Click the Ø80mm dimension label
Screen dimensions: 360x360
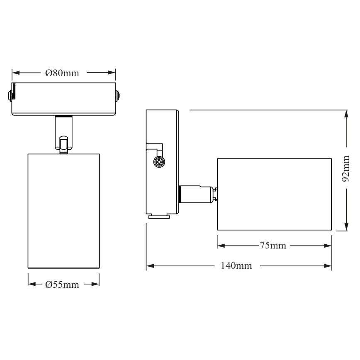click(x=62, y=73)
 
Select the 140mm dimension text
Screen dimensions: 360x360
click(x=236, y=266)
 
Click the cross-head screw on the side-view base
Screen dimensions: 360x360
click(x=158, y=162)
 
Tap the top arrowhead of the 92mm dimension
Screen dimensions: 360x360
click(x=346, y=113)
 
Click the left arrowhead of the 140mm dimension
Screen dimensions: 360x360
click(x=150, y=266)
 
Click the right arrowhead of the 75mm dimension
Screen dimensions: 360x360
click(x=328, y=246)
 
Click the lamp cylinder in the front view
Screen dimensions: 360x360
click(x=63, y=212)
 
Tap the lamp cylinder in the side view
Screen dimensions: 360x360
click(x=274, y=194)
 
